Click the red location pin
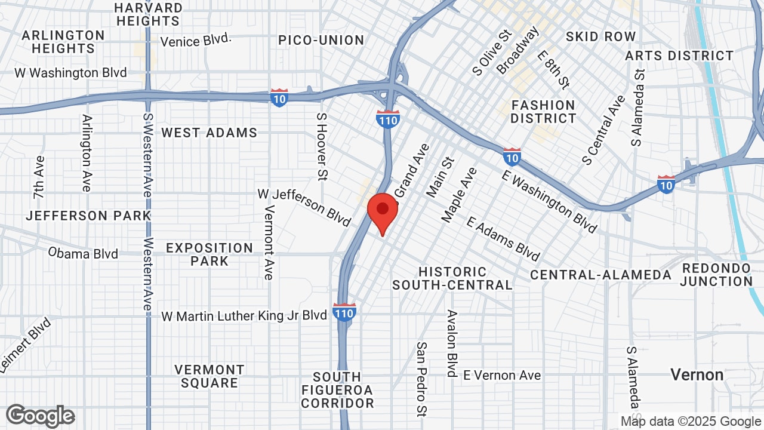point(382,211)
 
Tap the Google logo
point(40,416)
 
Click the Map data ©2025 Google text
point(691,421)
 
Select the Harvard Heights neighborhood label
point(149,14)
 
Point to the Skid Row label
point(600,36)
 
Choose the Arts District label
point(679,56)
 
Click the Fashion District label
point(543,112)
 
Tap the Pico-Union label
point(321,40)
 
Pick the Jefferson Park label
point(88,216)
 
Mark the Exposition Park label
point(210,254)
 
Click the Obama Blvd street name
point(84,253)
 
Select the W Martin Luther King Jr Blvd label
point(244,315)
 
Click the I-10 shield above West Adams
point(279,97)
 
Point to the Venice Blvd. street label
point(196,41)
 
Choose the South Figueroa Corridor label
point(337,390)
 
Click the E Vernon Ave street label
point(502,375)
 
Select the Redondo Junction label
point(716,275)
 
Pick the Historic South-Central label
point(452,278)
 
